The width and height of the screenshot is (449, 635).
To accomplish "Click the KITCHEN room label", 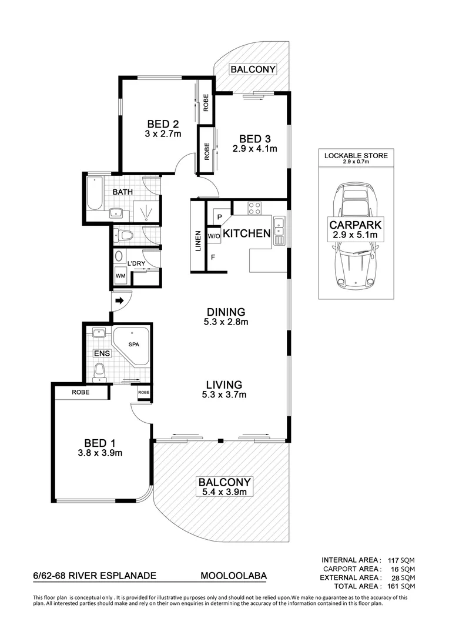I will pyautogui.click(x=246, y=233).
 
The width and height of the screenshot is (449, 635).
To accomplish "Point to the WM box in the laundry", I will pyautogui.click(x=120, y=276).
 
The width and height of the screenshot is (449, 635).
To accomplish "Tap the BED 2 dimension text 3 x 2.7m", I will pyautogui.click(x=163, y=134).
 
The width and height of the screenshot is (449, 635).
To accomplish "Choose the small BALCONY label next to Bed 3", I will pyautogui.click(x=253, y=69).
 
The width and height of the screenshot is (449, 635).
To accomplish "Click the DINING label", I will pyautogui.click(x=225, y=312).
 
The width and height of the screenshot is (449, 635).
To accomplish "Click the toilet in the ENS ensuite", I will pyautogui.click(x=100, y=371).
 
